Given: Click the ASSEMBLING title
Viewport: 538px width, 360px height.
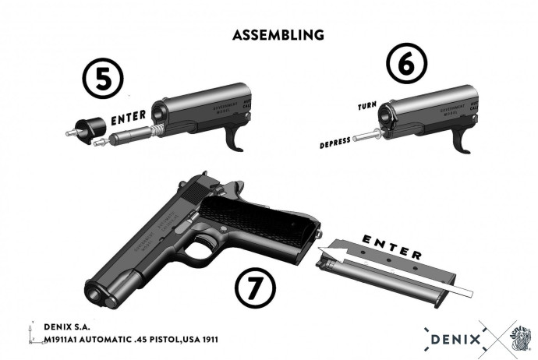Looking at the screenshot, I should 278,35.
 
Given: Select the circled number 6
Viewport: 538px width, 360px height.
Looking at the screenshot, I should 405,65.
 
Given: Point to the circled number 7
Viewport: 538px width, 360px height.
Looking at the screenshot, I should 255,292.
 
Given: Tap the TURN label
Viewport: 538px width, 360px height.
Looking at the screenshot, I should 366,105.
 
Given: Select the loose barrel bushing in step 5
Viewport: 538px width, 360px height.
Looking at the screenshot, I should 88,127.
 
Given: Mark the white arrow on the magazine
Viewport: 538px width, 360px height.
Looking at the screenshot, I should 398,273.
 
